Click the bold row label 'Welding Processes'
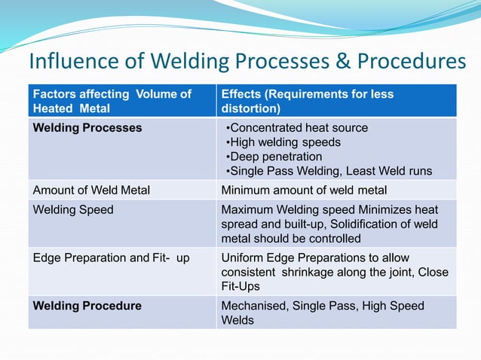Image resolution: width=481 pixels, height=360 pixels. point(87,128)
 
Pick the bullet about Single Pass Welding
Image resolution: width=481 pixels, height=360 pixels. point(329,171)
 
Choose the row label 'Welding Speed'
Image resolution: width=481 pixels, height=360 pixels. point(73,209)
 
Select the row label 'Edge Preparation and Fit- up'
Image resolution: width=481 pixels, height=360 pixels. point(111,258)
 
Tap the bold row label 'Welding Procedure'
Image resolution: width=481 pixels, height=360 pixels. point(87,306)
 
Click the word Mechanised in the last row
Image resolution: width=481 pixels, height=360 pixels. point(254,306)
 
